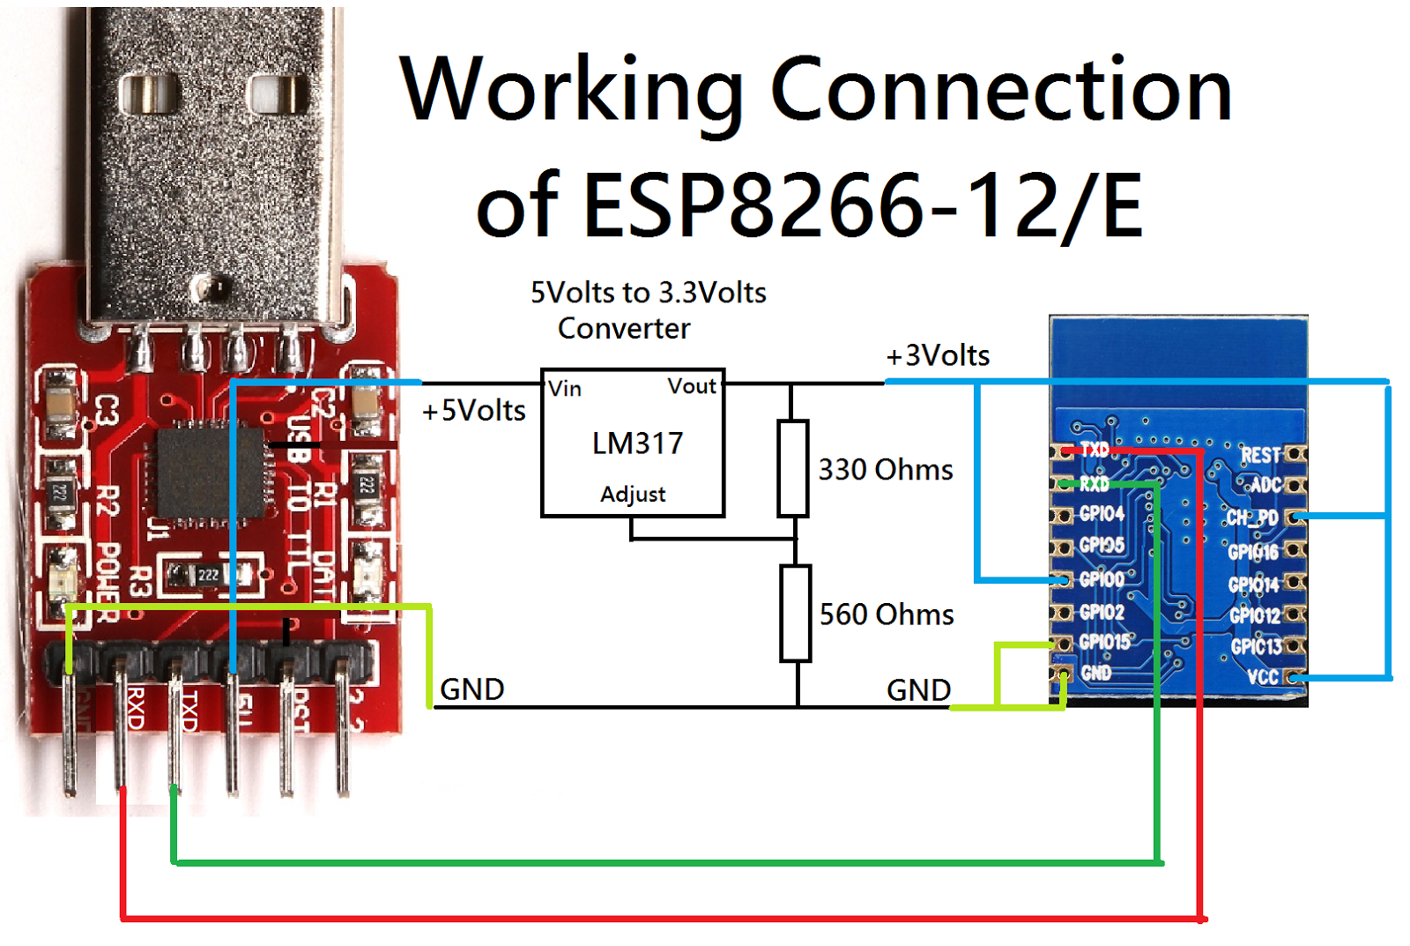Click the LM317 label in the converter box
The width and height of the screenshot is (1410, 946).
pyautogui.click(x=637, y=443)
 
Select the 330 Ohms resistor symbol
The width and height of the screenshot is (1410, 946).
pyautogui.click(x=792, y=468)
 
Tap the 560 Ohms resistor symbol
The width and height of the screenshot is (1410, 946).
pyautogui.click(x=795, y=614)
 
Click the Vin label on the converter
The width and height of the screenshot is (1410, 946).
pyautogui.click(x=565, y=389)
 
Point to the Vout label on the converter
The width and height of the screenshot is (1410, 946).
pyautogui.click(x=692, y=386)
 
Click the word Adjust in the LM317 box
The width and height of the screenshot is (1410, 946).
pyautogui.click(x=633, y=495)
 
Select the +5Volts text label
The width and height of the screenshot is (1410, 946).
pyautogui.click(x=474, y=411)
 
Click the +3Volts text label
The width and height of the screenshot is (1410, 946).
pyautogui.click(x=938, y=355)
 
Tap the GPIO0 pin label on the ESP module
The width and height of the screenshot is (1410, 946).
pyautogui.click(x=1102, y=579)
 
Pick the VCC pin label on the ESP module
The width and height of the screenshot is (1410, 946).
pyautogui.click(x=1262, y=677)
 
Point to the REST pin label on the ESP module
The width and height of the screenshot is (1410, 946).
pyautogui.click(x=1260, y=455)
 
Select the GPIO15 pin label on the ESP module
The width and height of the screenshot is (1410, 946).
pyautogui.click(x=1104, y=642)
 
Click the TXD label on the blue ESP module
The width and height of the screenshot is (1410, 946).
pyautogui.click(x=1095, y=450)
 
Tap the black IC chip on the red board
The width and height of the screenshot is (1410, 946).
pyautogui.click(x=210, y=473)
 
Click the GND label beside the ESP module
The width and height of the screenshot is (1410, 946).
pyautogui.click(x=918, y=690)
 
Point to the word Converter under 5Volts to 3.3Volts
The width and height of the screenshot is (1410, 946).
pyautogui.click(x=624, y=329)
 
